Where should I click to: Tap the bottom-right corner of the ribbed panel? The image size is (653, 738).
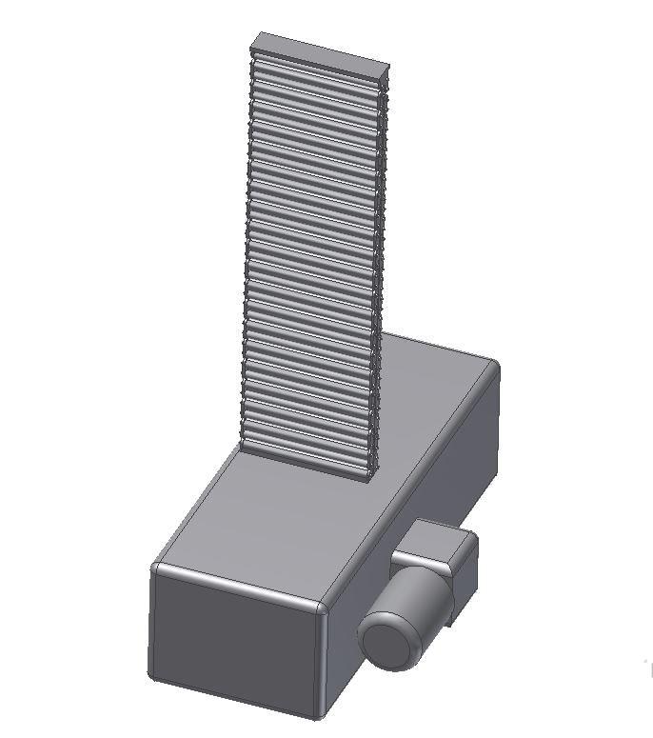point(367,475)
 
